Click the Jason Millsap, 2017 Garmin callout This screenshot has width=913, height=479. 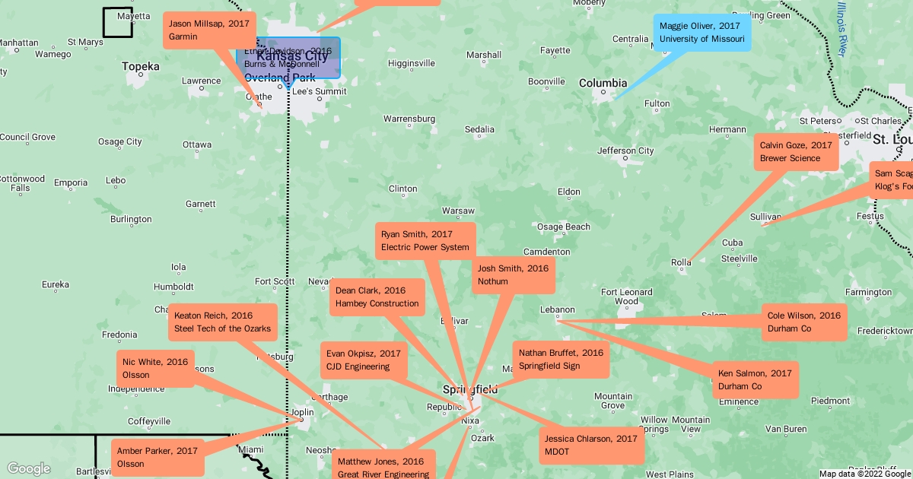[209, 30]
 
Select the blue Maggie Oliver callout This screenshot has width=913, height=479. [701, 32]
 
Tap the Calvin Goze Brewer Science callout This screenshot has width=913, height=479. [796, 152]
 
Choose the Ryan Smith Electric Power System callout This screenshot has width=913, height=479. [425, 241]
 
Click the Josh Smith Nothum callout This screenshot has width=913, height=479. [513, 275]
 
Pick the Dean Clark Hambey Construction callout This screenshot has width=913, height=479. [377, 297]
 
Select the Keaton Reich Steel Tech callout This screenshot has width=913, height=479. [222, 322]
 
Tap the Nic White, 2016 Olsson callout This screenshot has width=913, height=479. [155, 369]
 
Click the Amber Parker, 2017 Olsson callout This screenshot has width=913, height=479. [157, 458]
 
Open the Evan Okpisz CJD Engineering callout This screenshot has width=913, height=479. [364, 360]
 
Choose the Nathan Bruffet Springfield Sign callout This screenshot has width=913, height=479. [561, 360]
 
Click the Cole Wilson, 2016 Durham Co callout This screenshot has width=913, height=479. [803, 322]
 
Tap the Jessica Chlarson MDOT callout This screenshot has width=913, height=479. [591, 446]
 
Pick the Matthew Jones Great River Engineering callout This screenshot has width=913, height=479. [383, 467]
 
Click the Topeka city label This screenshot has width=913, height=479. [141, 67]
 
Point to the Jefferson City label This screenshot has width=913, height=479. [625, 151]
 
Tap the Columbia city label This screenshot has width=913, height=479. [603, 83]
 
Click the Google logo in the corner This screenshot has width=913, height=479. [28, 468]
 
